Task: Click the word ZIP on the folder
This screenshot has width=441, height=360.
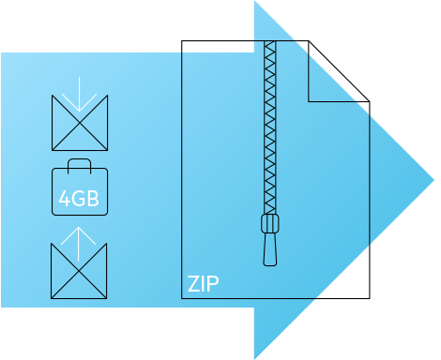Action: coord(204,283)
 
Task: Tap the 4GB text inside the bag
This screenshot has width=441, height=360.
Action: coord(79,198)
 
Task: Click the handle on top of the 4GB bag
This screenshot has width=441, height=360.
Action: coord(79,166)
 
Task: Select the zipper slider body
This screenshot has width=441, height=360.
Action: coord(269,225)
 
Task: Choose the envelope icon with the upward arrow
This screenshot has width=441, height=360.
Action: coord(79,272)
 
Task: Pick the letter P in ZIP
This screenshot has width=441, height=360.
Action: coord(214,283)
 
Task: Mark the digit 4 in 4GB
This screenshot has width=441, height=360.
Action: coord(64,198)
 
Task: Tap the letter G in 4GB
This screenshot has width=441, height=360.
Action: coord(78,198)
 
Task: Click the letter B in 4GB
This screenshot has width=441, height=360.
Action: coord(93,198)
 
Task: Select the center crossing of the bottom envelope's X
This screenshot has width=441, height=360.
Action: coord(79,272)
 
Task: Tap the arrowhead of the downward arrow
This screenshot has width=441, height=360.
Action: coord(79,107)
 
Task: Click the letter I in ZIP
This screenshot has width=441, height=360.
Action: coord(205,283)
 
